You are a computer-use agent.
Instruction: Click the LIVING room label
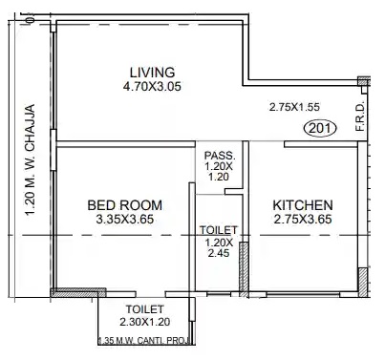click(152, 73)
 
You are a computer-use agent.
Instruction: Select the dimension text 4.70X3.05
click(152, 86)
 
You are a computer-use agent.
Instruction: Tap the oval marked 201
click(320, 129)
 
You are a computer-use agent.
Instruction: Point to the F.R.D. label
click(360, 116)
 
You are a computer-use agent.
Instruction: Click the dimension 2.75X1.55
click(294, 107)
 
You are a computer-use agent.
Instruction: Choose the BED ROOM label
click(125, 205)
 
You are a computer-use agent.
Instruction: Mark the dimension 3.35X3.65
click(125, 220)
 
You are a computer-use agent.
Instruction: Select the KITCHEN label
click(303, 205)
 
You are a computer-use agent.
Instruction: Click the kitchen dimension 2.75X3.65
click(303, 220)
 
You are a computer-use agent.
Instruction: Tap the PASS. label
click(220, 156)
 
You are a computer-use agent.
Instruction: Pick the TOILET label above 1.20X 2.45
click(219, 230)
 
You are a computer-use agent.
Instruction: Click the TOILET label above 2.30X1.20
click(145, 309)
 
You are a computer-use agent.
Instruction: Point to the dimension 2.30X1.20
click(145, 322)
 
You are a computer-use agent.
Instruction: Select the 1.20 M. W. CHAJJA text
click(30, 159)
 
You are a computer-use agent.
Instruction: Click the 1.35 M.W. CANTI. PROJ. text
click(144, 341)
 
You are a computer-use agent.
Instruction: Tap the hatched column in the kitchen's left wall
click(244, 269)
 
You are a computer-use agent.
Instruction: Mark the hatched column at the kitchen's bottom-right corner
click(363, 282)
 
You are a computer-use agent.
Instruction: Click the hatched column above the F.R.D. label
click(363, 81)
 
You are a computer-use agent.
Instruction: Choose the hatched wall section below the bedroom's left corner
click(78, 292)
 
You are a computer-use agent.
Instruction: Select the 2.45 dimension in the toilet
click(219, 253)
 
